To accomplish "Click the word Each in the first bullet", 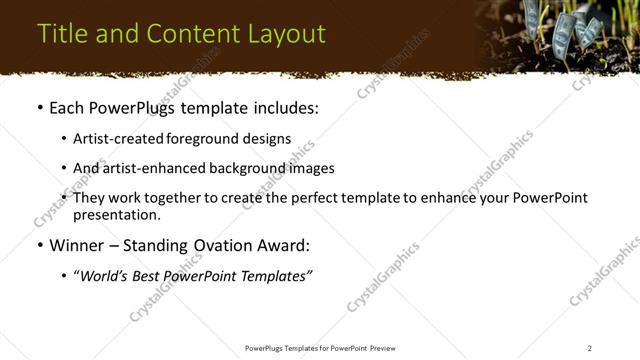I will pos(68,108).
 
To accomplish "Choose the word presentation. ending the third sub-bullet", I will pos(116,214).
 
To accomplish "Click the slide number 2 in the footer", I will pos(589,348).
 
